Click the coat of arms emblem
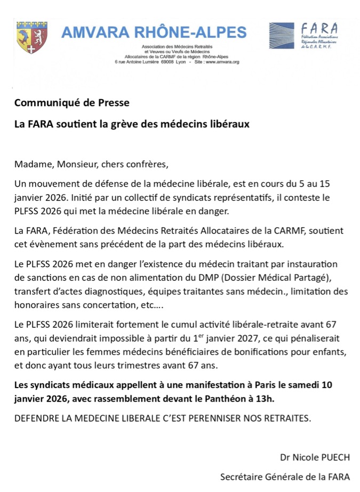click(x=31, y=37)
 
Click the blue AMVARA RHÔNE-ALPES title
click(x=154, y=33)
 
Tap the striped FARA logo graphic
click(x=281, y=36)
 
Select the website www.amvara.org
click(x=222, y=62)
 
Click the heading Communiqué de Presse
click(x=71, y=102)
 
